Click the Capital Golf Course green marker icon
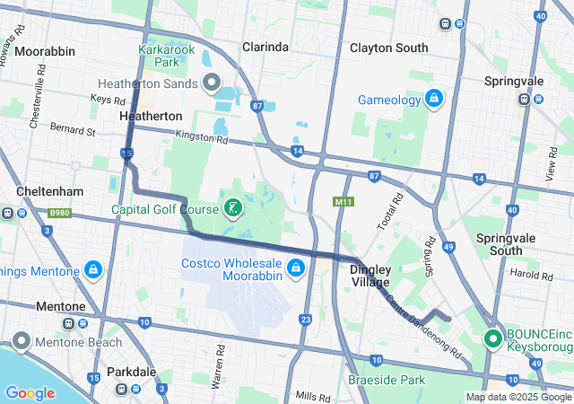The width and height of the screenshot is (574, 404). tap(232, 210)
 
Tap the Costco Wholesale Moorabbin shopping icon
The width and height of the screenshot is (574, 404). tap(294, 268)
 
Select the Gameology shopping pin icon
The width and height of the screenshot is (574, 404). tap(433, 97)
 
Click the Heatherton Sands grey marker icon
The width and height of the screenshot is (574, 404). tap(213, 84)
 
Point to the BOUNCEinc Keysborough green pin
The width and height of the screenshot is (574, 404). tap(492, 339)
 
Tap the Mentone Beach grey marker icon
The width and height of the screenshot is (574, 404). tap(20, 341)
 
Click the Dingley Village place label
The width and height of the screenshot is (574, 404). tap(370, 275)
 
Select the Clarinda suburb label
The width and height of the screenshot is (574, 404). tap(265, 47)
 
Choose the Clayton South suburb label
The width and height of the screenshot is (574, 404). tap(388, 47)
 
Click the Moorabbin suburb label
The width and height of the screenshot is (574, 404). tap(45, 51)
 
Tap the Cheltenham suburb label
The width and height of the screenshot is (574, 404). tap(50, 192)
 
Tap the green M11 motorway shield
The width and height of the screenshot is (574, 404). tap(342, 202)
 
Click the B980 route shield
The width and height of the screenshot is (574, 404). tap(60, 213)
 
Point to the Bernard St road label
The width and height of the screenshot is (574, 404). tap(72, 130)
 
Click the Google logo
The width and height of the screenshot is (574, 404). tap(30, 392)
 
